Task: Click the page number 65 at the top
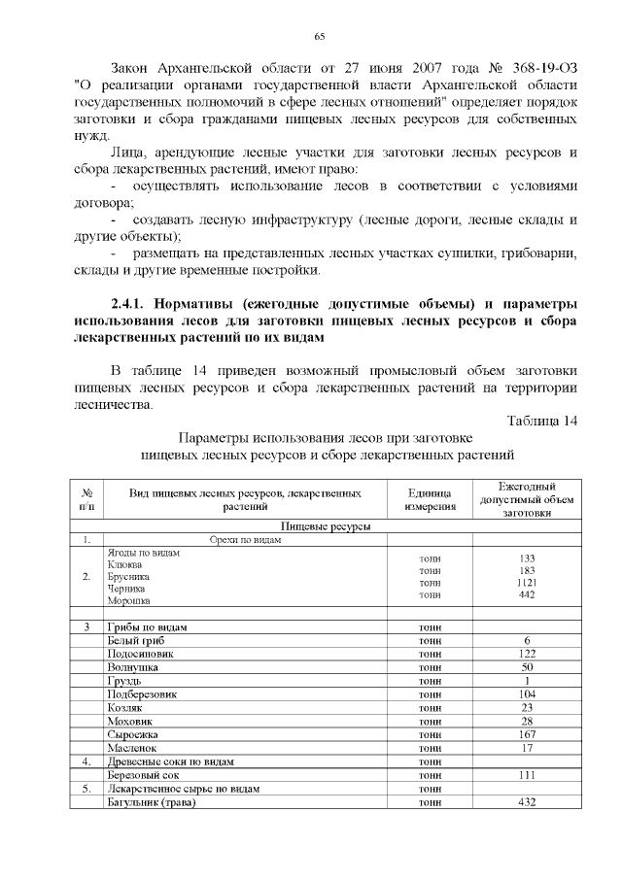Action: [319, 36]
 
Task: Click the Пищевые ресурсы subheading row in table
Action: [325, 525]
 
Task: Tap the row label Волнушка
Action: [135, 668]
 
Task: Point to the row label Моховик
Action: [132, 722]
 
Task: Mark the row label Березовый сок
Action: [144, 776]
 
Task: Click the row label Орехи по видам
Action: [246, 540]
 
